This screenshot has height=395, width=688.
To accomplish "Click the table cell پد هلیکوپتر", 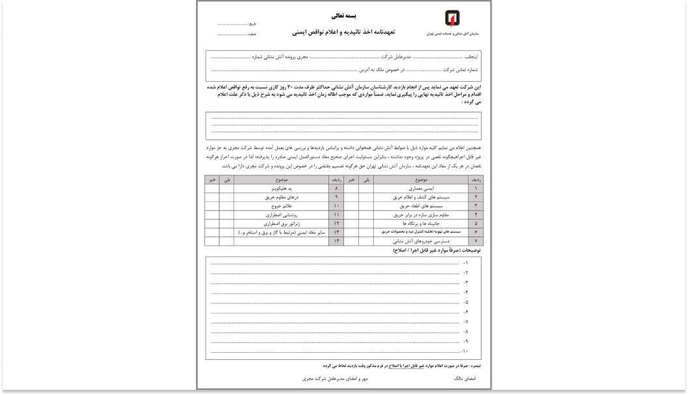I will click(x=280, y=187).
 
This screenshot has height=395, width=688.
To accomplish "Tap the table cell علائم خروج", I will click(x=280, y=205).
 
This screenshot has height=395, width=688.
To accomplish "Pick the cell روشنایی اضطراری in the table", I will click(x=280, y=214).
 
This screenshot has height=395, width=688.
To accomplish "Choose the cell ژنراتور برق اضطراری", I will click(x=280, y=222).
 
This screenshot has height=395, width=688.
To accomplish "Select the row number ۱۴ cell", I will click(x=336, y=240).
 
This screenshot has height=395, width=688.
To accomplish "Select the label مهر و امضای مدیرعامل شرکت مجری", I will click(x=334, y=377).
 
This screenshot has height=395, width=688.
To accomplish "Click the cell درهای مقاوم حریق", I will click(x=280, y=196).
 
